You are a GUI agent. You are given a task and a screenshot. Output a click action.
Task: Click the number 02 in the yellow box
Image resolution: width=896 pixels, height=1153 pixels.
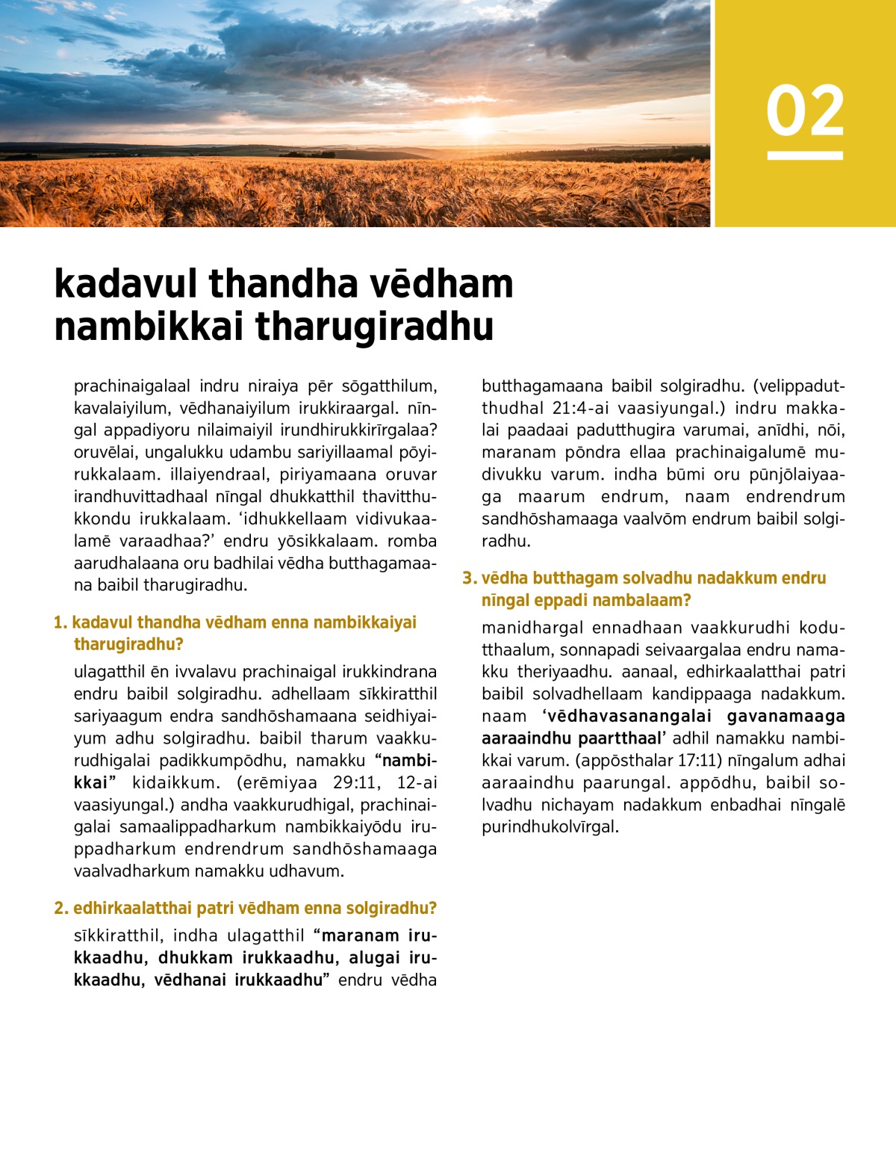pyautogui.click(x=805, y=111)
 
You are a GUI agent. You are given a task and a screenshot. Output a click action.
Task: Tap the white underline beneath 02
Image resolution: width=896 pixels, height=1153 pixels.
pyautogui.click(x=805, y=155)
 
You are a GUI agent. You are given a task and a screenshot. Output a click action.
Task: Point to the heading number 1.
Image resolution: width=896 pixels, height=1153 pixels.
pyautogui.click(x=60, y=622)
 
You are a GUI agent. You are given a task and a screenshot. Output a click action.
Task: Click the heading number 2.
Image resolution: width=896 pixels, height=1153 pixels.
pyautogui.click(x=60, y=908)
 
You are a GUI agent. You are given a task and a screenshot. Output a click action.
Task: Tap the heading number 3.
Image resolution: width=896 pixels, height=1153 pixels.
pyautogui.click(x=469, y=578)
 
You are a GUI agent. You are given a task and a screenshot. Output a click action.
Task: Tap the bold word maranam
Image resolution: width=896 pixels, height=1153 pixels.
pyautogui.click(x=361, y=936)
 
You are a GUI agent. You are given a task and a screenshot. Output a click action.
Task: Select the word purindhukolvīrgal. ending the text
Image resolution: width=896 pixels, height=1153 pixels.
pyautogui.click(x=550, y=826)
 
